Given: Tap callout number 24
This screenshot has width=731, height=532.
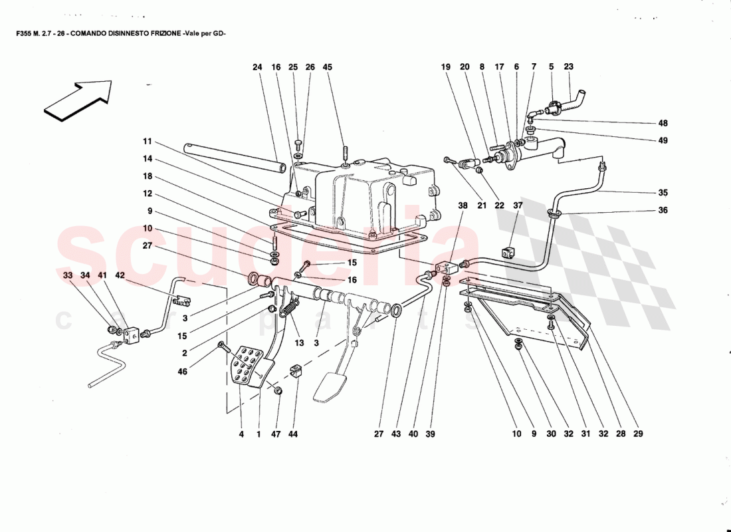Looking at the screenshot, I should [258, 67].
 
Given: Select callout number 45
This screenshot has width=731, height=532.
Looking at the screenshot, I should [327, 67].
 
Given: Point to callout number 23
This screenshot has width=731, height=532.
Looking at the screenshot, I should [568, 67].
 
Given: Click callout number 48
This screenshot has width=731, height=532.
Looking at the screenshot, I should [663, 123].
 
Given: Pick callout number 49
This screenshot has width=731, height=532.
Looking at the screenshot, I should [663, 140].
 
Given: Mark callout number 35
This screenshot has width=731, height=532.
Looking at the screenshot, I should [663, 193].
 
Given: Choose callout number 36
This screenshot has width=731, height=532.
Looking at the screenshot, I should [663, 210].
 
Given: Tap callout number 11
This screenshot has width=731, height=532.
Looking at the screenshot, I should [147, 141].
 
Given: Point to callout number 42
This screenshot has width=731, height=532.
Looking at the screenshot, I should [120, 275].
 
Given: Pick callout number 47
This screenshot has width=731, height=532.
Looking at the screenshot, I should [276, 434].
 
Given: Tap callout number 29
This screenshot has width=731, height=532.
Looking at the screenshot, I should [638, 434].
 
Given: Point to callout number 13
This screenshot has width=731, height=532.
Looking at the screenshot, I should [299, 343].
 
